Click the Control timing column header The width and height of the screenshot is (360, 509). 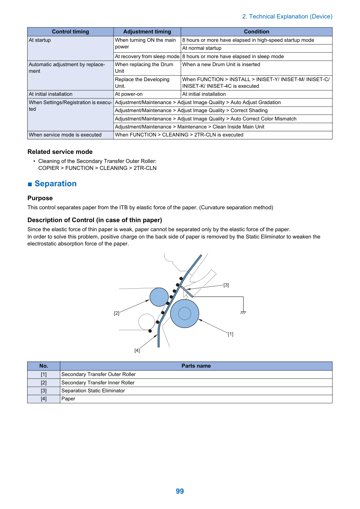click(x=70, y=32)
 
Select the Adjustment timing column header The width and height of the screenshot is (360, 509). click(x=147, y=32)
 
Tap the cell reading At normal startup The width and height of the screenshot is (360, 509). click(x=256, y=48)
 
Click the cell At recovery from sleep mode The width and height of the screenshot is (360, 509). click(x=147, y=56)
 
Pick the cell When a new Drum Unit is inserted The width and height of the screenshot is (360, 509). click(x=256, y=68)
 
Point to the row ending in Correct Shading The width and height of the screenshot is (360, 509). click(x=223, y=110)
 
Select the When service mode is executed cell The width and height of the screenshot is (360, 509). click(x=70, y=135)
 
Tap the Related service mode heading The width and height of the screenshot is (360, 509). click(x=60, y=152)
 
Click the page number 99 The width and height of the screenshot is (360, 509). click(x=180, y=491)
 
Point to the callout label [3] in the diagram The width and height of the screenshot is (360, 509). click(x=226, y=285)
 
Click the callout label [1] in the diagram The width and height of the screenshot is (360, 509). click(x=230, y=334)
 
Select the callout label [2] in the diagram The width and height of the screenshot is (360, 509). click(x=117, y=313)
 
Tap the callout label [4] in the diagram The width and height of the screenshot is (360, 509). click(x=137, y=350)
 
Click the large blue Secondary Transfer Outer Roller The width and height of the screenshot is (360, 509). click(x=185, y=313)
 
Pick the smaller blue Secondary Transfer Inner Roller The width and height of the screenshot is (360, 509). click(x=159, y=297)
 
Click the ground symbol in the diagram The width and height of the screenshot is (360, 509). click(x=243, y=313)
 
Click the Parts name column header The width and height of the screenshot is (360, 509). click(x=196, y=366)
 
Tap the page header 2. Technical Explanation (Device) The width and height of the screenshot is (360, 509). click(x=287, y=16)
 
